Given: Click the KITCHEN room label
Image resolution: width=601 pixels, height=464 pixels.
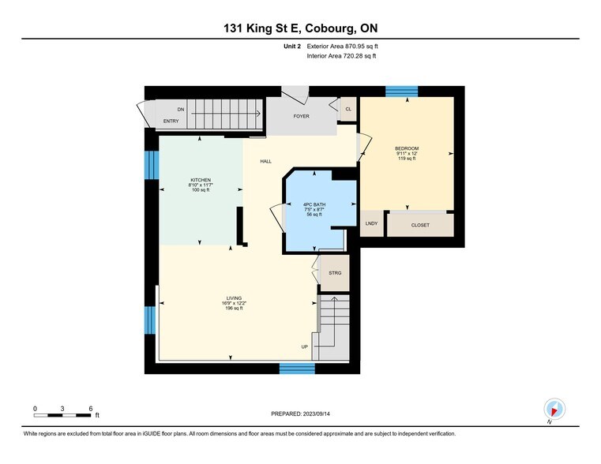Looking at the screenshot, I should [201, 180].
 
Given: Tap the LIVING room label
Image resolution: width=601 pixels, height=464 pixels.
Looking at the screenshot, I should [233, 298].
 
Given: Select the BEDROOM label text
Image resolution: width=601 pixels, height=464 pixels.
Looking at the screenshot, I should [407, 149].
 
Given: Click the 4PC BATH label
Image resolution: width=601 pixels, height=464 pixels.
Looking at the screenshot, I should [314, 205].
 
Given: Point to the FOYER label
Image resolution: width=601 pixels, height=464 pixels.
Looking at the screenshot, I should [301, 116].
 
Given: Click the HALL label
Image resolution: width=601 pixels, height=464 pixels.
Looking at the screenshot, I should [266, 161].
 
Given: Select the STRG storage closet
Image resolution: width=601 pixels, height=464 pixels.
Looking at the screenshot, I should [335, 273].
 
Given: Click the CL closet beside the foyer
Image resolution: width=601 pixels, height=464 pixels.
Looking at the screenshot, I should [348, 109].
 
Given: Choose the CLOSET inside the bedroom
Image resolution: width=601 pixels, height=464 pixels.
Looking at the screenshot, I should [420, 225].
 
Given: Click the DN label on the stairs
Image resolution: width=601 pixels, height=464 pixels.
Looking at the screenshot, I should [181, 109].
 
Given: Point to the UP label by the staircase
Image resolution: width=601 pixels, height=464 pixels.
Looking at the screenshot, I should [305, 347].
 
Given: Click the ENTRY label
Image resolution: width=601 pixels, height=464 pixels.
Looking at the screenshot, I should [171, 122].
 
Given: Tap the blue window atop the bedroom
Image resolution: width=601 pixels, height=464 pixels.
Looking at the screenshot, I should [401, 91].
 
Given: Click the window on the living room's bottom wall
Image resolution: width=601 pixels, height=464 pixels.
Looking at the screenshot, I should [297, 368].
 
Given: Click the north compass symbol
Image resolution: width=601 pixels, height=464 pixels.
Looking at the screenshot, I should [554, 409].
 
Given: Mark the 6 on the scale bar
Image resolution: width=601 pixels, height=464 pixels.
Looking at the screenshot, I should [91, 408].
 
